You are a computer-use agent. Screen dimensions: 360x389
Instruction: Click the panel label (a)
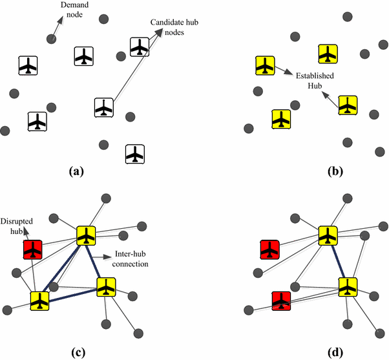pos(76,171)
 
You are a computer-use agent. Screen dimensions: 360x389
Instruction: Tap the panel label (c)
pos(76,352)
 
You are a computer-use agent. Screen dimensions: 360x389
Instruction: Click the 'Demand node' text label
pos(73,10)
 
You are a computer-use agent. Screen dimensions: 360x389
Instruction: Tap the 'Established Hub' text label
pos(315,80)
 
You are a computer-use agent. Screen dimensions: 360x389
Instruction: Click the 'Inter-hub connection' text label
pos(131,260)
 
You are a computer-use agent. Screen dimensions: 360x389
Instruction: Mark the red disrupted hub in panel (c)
pos(32,249)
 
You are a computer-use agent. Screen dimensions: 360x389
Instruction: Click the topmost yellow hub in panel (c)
pos(86,235)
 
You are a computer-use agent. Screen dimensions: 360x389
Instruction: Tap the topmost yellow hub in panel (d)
pos(328,235)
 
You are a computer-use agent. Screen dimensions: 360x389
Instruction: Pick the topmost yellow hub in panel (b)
pos(328,54)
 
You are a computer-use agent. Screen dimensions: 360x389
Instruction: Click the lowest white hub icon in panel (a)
pos(134,154)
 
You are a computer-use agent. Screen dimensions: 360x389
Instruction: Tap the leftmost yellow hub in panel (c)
pos(39,301)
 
